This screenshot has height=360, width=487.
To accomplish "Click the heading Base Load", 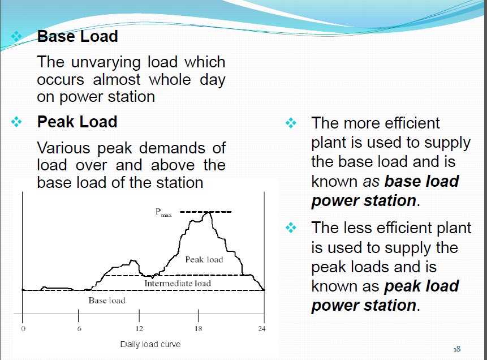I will (77, 37).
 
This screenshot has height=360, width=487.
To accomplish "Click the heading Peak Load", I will (77, 122).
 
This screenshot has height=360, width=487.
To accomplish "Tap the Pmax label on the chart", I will (163, 213).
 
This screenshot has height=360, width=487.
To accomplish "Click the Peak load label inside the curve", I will (204, 259).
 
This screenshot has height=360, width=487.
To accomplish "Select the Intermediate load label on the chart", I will (178, 283).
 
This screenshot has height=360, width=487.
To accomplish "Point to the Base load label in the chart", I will (107, 300).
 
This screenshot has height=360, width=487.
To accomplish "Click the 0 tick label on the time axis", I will (23, 329).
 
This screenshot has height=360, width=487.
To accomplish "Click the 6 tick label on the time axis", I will (80, 329).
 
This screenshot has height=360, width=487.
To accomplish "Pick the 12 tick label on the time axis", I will (139, 329).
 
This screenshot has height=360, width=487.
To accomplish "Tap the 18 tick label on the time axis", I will (198, 329).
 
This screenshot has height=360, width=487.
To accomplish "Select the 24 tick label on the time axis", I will (262, 329).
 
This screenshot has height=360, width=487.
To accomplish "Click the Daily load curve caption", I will (150, 344).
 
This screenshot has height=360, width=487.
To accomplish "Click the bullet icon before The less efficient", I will (291, 228).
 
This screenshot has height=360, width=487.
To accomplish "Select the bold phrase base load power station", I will (385, 191).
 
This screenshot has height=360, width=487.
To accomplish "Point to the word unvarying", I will (102, 62).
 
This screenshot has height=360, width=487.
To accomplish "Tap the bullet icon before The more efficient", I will (291, 123).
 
